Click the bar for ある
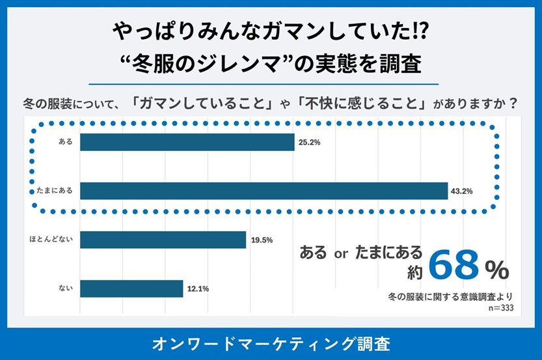click(x=187, y=142)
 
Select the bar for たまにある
click(x=264, y=191)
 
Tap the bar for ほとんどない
click(x=163, y=240)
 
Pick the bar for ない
click(x=131, y=288)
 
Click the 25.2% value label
click(x=309, y=142)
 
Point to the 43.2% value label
click(x=461, y=191)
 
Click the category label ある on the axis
click(x=66, y=142)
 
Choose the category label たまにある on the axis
click(x=57, y=191)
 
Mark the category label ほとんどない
click(x=55, y=240)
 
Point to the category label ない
click(x=66, y=288)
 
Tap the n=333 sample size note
click(x=501, y=308)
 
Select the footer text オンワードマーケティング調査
click(x=271, y=343)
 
